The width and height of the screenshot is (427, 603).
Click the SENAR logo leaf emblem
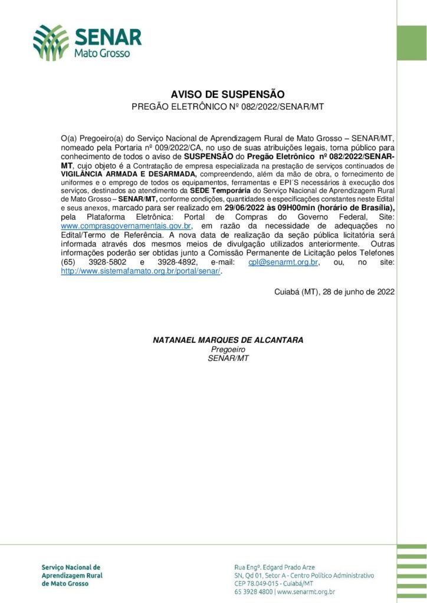pos(51,43)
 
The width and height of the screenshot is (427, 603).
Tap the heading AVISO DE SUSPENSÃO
pos(228,94)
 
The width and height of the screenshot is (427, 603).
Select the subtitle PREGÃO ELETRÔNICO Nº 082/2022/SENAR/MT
pos(228,107)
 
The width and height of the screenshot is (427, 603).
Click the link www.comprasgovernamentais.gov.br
pos(127,226)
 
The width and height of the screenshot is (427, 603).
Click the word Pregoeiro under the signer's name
pos(228,349)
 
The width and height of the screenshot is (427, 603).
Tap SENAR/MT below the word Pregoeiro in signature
pos(228,358)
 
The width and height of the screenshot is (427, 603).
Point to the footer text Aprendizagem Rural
pos(72,575)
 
